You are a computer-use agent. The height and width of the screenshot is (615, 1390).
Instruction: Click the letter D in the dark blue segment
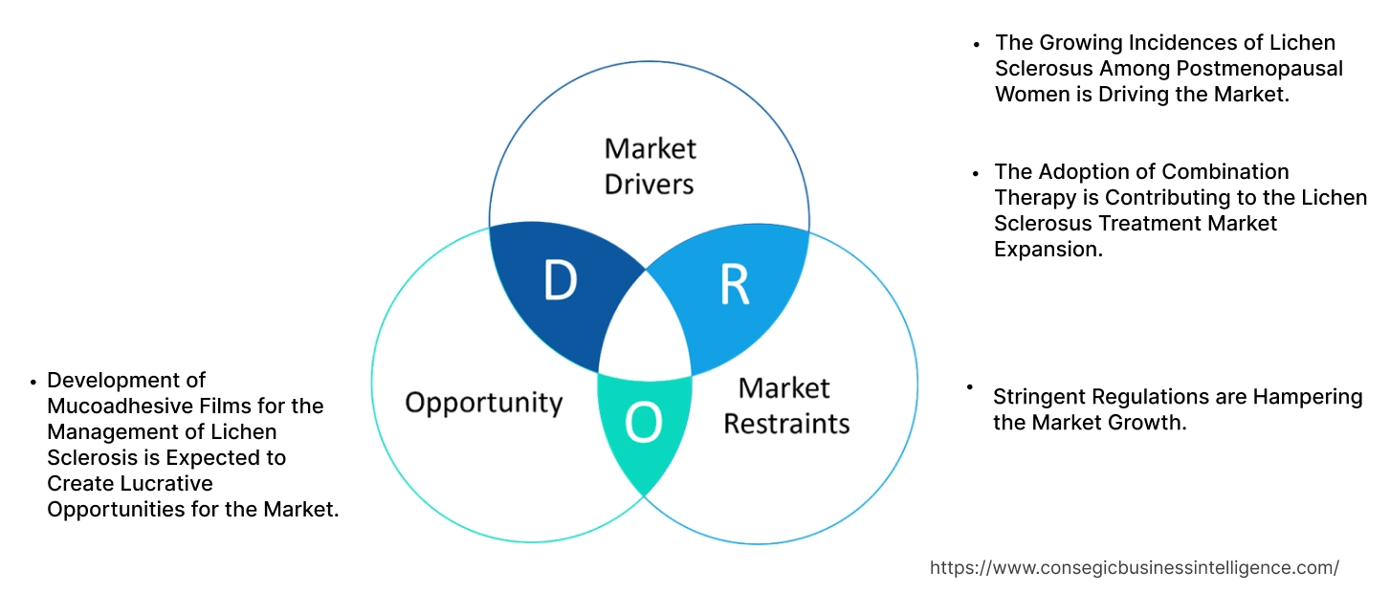click(x=560, y=281)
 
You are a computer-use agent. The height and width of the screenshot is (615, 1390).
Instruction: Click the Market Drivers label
click(x=650, y=165)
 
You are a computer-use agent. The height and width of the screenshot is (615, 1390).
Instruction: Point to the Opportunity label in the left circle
click(x=483, y=402)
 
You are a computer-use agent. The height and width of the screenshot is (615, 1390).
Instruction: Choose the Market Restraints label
click(x=785, y=405)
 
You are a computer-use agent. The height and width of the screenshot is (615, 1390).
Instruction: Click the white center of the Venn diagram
click(x=645, y=330)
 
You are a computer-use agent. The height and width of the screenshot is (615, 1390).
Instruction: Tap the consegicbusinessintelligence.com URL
click(x=1135, y=567)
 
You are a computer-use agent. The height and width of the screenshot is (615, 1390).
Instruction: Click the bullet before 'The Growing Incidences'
click(x=976, y=44)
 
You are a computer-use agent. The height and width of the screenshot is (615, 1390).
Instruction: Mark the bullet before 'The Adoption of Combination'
click(x=976, y=173)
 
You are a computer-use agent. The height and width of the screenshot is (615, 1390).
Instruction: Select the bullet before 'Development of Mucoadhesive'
click(x=33, y=382)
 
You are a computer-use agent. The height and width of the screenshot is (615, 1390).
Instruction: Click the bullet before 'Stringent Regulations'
click(x=969, y=386)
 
